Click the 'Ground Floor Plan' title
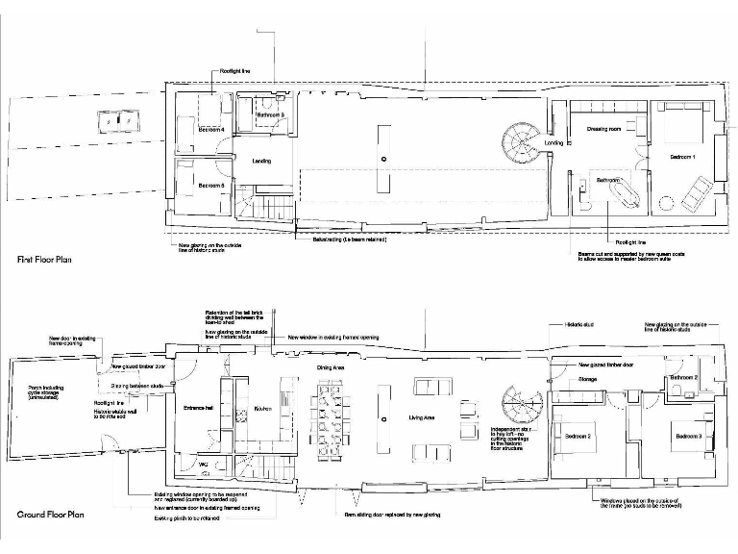pos(50,516)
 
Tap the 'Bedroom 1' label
pos(683,157)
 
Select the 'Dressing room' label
pos(604,129)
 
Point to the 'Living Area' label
pos(423,417)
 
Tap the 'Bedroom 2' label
pos(578,437)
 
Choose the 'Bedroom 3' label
pos(688,438)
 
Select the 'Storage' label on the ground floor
pos(589,381)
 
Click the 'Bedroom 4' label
pos(211,129)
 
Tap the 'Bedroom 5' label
pos(211,186)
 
